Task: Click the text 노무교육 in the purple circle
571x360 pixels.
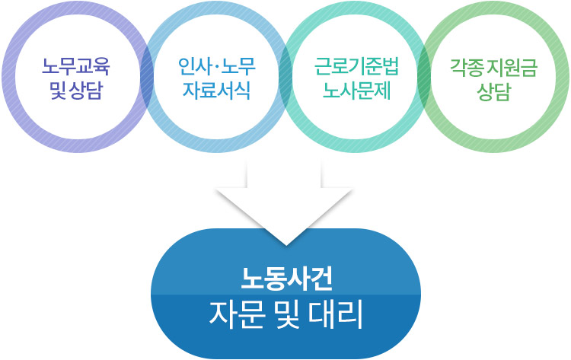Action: [75, 67]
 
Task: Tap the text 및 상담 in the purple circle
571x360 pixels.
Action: [76, 90]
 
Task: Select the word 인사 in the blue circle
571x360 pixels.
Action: [193, 67]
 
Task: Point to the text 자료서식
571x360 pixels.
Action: [216, 90]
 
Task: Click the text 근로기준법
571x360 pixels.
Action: [356, 67]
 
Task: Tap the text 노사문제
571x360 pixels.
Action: [356, 90]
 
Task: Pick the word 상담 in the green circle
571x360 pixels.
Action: [494, 91]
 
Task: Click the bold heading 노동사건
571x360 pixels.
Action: [286, 279]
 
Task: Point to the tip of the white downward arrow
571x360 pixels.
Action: [286, 245]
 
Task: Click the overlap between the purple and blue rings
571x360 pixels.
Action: [147, 77]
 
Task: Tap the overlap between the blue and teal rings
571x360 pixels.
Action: [285, 77]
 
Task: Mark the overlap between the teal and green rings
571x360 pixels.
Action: [424, 77]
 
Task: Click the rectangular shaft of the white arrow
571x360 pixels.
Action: [284, 174]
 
